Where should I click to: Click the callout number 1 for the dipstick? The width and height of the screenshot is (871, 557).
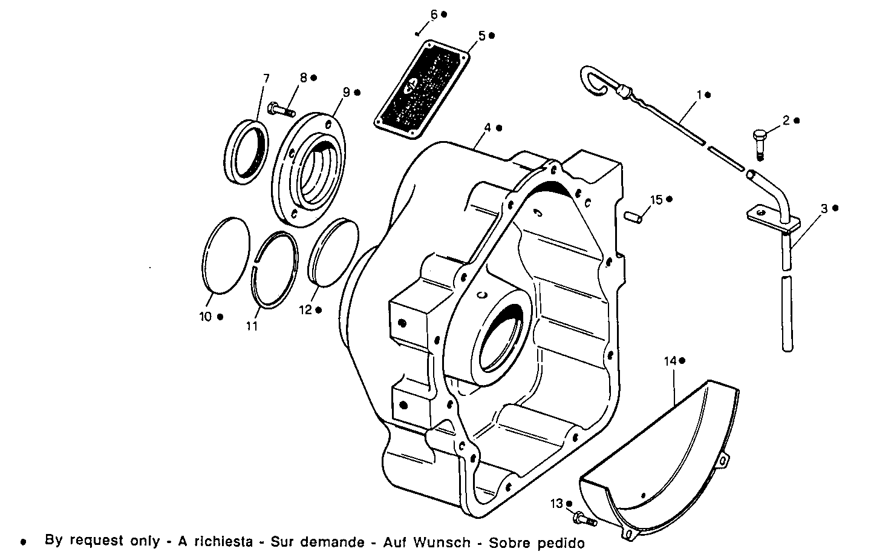699,95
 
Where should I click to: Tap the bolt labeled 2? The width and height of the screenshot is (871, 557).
759,140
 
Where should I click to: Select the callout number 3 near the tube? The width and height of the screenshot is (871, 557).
824,208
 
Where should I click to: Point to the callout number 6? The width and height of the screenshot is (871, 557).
434,14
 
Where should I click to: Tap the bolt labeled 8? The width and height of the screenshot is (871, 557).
278,110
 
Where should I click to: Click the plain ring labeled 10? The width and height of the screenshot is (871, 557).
224,255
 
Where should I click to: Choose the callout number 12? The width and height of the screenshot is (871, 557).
305,310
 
